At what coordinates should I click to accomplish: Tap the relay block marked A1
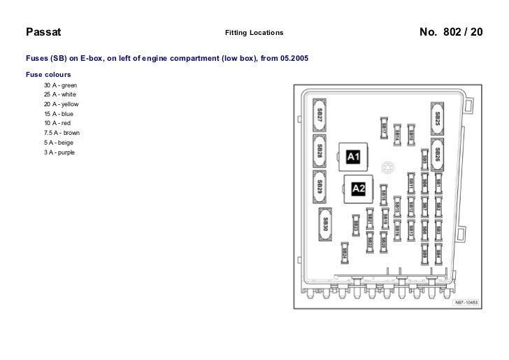coord(354,157)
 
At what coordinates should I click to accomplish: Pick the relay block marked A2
coord(358,188)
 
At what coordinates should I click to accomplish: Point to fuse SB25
coord(438,119)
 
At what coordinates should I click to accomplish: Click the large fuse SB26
coord(438,154)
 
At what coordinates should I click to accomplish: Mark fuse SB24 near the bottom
coord(345,253)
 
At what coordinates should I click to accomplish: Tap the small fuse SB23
coord(355,224)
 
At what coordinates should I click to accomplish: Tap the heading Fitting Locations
coord(254,33)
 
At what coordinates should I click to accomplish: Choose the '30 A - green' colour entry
coord(60,85)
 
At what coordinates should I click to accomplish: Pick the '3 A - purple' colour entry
coord(59,152)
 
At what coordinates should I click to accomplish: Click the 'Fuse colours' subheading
coord(48,73)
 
